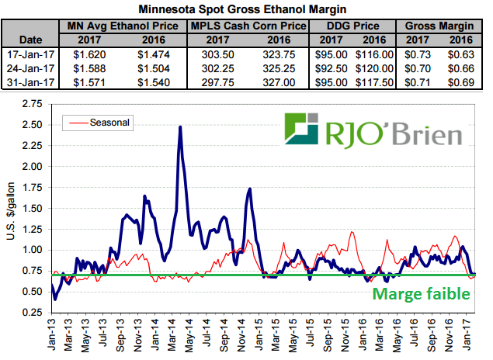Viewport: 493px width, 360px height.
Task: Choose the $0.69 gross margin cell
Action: pos(461,80)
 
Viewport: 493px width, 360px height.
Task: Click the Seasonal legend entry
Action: pos(109,122)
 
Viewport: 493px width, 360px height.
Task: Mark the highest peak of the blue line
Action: pos(180,127)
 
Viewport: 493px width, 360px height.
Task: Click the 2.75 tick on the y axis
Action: pos(31,103)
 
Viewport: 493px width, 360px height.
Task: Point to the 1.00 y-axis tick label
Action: pos(31,250)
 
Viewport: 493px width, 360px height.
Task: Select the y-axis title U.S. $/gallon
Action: pos(11,208)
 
